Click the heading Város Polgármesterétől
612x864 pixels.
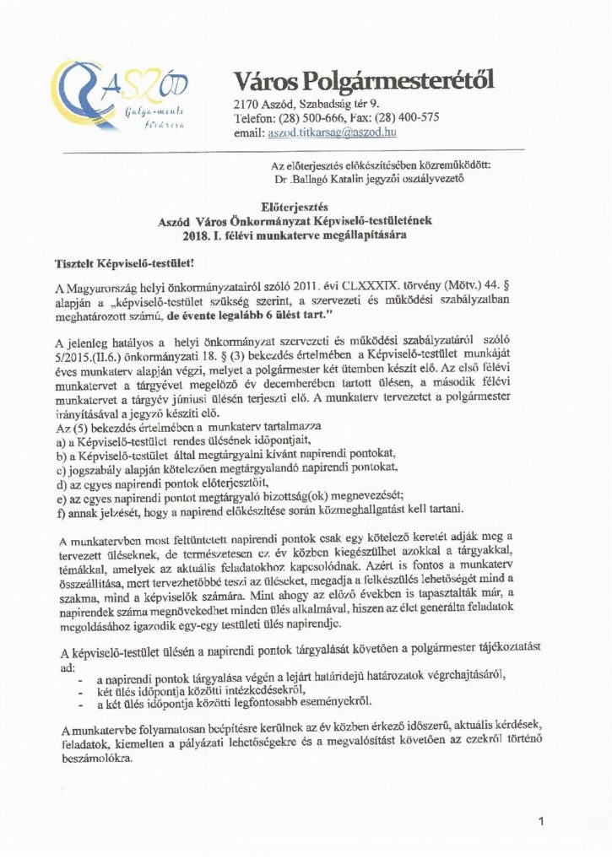(364, 82)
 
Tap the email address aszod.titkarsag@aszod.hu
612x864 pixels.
(333, 133)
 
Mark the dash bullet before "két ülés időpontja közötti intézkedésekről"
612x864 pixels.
(79, 690)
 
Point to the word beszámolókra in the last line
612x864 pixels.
(96, 758)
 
